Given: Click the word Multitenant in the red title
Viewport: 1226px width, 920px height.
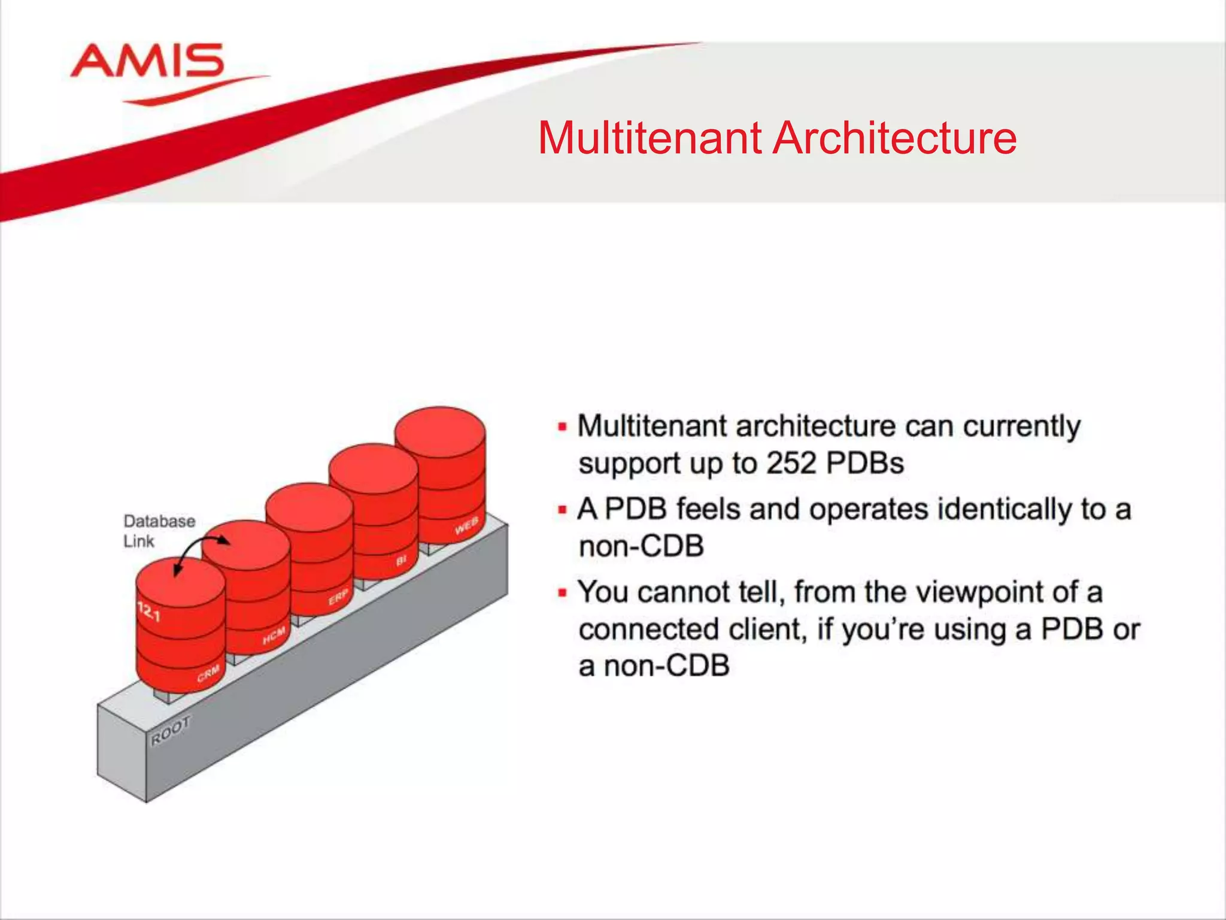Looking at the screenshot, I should pos(650,138).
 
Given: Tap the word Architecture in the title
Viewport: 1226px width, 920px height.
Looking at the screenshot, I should pos(894,138).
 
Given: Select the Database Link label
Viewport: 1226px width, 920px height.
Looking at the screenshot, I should pos(159,531).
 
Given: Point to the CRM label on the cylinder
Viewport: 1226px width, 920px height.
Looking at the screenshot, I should pos(208,673).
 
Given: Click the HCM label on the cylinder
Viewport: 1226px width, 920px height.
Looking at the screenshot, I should pos(274,636).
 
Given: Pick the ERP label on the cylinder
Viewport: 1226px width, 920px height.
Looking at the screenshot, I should pos(338,597).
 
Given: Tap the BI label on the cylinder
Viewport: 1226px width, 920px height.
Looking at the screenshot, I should pos(401,560).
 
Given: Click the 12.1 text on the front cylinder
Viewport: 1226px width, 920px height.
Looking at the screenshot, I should pos(149,612).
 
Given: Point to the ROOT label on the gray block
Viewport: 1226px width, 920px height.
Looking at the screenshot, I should pos(171,731).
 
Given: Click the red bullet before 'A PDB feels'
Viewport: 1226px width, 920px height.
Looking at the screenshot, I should pos(562,510).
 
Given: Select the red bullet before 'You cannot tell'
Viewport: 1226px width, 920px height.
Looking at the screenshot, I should pos(562,592).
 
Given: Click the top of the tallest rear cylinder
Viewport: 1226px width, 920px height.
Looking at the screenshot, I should pos(440,426).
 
